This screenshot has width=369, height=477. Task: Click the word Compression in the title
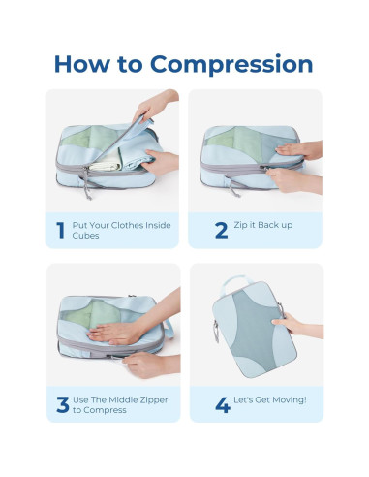click(x=248, y=65)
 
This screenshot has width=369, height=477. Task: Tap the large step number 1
click(x=60, y=231)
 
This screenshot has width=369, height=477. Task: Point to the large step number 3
click(x=61, y=402)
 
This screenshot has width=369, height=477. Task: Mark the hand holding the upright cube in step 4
click(x=291, y=320)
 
